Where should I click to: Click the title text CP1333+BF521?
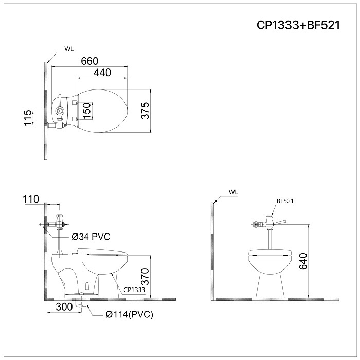pyautogui.click(x=298, y=25)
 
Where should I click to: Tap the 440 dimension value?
pyautogui.click(x=102, y=73)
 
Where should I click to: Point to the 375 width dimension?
pyautogui.click(x=145, y=112)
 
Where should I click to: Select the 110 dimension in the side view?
pyautogui.click(x=30, y=200)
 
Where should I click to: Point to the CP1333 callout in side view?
pyautogui.click(x=134, y=290)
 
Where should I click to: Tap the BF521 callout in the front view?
pyautogui.click(x=285, y=201)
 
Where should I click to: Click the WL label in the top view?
pyautogui.click(x=69, y=49)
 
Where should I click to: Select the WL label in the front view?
pyautogui.click(x=233, y=192)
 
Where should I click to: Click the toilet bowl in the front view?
pyautogui.click(x=269, y=270)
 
